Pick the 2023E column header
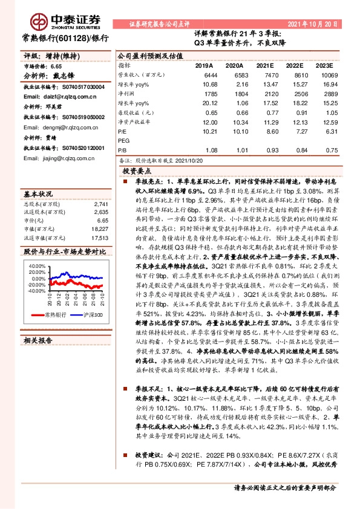click(x=325, y=64)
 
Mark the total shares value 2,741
click(x=101, y=205)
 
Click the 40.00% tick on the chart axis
click(x=36, y=265)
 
